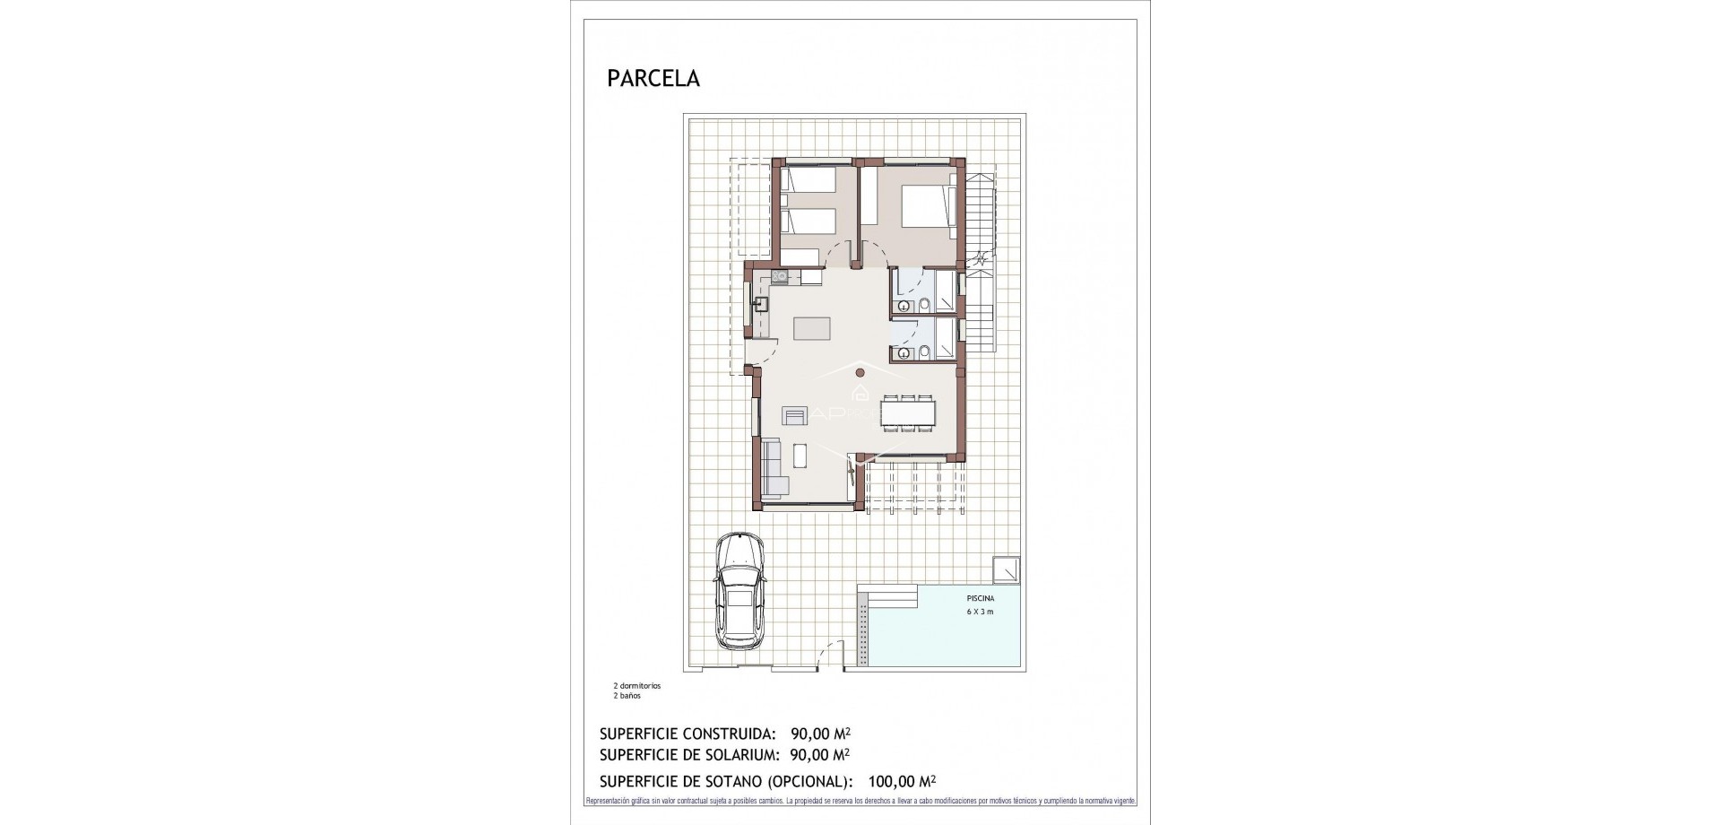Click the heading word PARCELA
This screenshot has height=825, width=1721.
pyautogui.click(x=653, y=79)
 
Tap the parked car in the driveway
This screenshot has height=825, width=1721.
pyautogui.click(x=740, y=591)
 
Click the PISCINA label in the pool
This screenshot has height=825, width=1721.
pyautogui.click(x=980, y=598)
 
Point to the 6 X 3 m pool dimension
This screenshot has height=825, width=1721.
pyautogui.click(x=980, y=612)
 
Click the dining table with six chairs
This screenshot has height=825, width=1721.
pyautogui.click(x=909, y=412)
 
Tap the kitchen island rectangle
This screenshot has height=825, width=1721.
pyautogui.click(x=184, y=329)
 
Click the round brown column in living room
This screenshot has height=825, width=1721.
pyautogui.click(x=860, y=372)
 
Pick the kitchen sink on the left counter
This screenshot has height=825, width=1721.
pyautogui.click(x=134, y=304)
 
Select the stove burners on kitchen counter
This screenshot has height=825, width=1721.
pyautogui.click(x=151, y=277)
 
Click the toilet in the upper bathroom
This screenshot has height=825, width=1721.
pyautogui.click(x=924, y=306)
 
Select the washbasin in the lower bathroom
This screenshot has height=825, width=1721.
pyautogui.click(x=904, y=353)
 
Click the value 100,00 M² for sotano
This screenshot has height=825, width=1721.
pyautogui.click(x=895, y=781)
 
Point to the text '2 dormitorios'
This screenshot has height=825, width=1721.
pyautogui.click(x=636, y=686)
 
